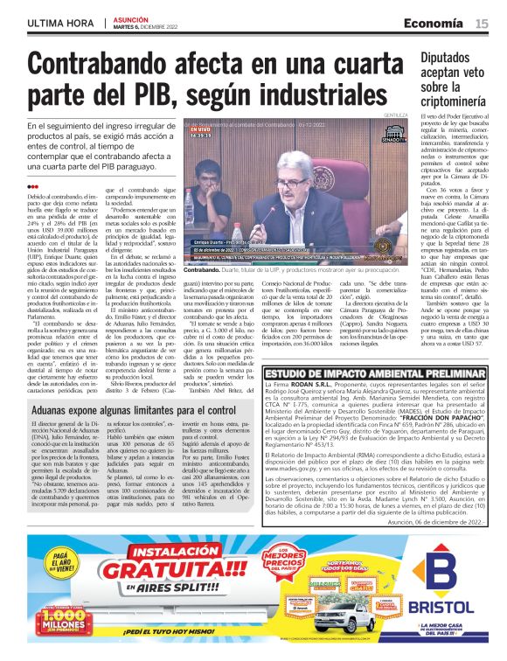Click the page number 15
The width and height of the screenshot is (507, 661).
pos(482,23)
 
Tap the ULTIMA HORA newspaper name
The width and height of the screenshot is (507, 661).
pos(59,22)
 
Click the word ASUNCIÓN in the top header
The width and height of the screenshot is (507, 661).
pos(132,17)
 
